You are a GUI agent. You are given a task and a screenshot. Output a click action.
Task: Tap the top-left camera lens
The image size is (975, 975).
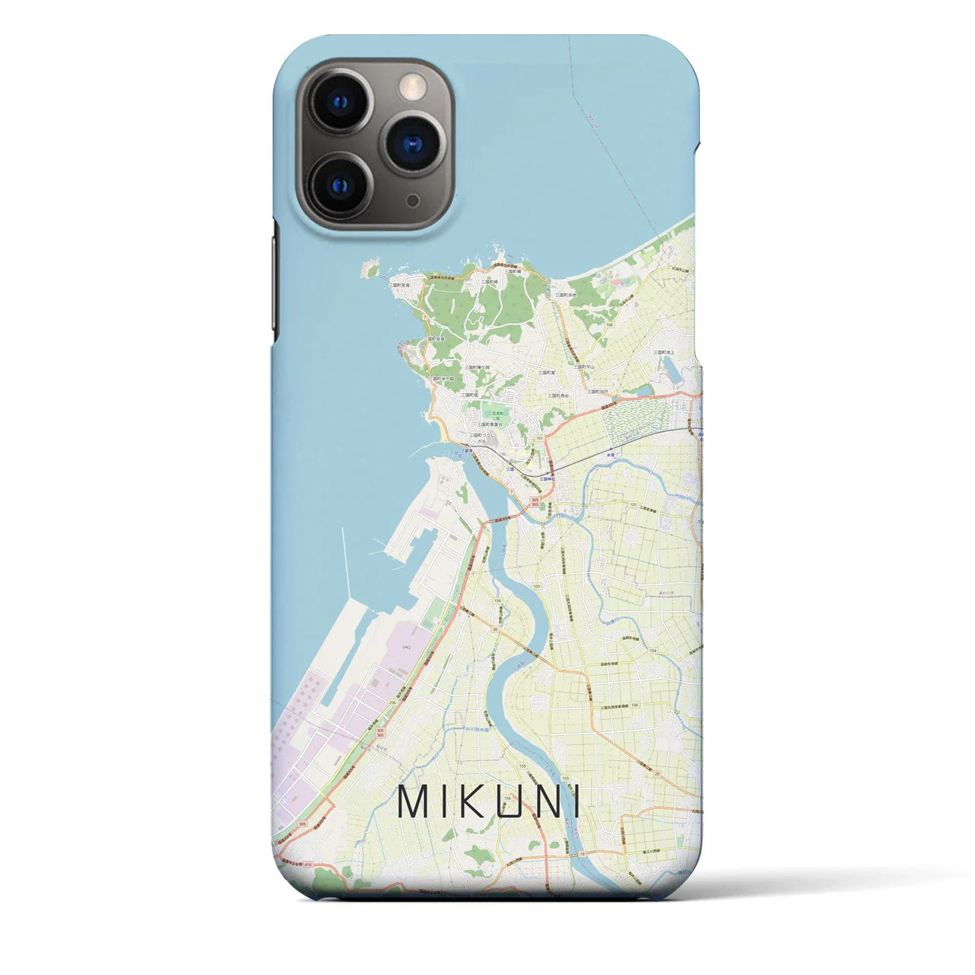tap(340, 101)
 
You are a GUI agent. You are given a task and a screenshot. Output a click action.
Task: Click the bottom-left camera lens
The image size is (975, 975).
tap(340, 185)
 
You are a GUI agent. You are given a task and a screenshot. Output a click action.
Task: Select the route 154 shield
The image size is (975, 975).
tap(652, 650)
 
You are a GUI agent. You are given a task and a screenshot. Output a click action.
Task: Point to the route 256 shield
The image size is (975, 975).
tap(393, 703)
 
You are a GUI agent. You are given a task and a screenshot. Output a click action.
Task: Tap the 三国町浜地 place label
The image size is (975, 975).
tap(564, 295)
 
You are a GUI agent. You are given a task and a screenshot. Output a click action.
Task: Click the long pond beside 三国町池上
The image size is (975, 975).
tap(673, 371)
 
